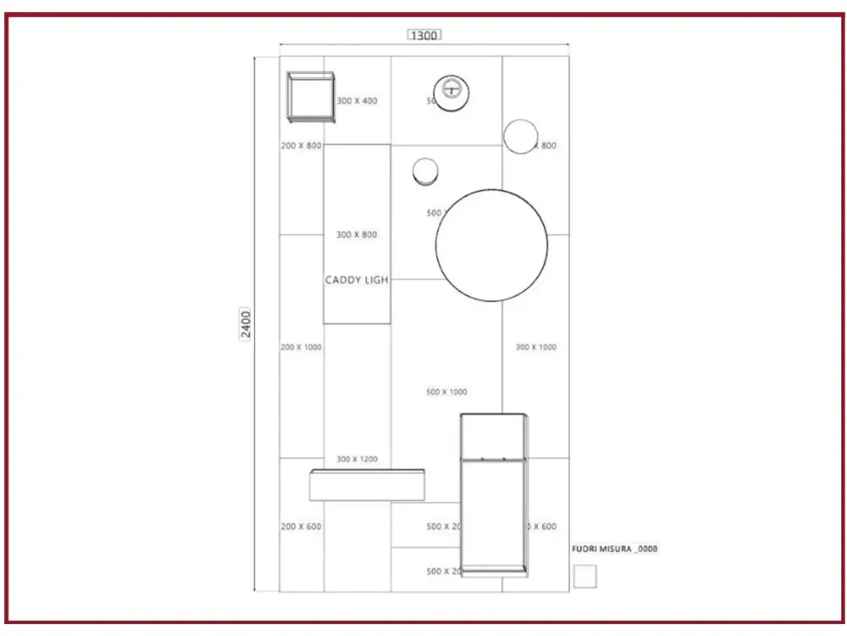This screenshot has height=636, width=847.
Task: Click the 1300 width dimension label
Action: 423,35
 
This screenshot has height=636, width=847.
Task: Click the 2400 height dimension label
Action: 246,324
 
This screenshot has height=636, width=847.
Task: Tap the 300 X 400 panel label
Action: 357,101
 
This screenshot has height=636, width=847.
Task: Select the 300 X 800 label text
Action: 357,235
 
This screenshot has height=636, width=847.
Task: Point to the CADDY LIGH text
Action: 357,279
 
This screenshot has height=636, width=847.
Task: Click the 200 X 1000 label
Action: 301,347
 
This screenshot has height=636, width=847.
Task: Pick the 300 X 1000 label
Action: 535,347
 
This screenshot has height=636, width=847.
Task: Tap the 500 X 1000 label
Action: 446,392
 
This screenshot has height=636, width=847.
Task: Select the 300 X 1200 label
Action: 357,459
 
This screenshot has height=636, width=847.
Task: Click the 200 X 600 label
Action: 301,527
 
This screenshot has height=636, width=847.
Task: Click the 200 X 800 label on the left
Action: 301,146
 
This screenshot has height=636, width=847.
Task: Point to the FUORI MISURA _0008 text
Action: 616,550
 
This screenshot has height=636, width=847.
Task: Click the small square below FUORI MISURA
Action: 584,576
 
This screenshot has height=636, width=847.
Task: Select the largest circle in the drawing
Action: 491,245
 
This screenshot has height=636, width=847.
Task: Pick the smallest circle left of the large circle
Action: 425,171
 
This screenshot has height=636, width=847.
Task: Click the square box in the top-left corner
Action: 311,97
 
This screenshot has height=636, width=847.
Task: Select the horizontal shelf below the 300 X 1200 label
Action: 367,485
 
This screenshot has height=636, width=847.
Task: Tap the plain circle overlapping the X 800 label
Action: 521,136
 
